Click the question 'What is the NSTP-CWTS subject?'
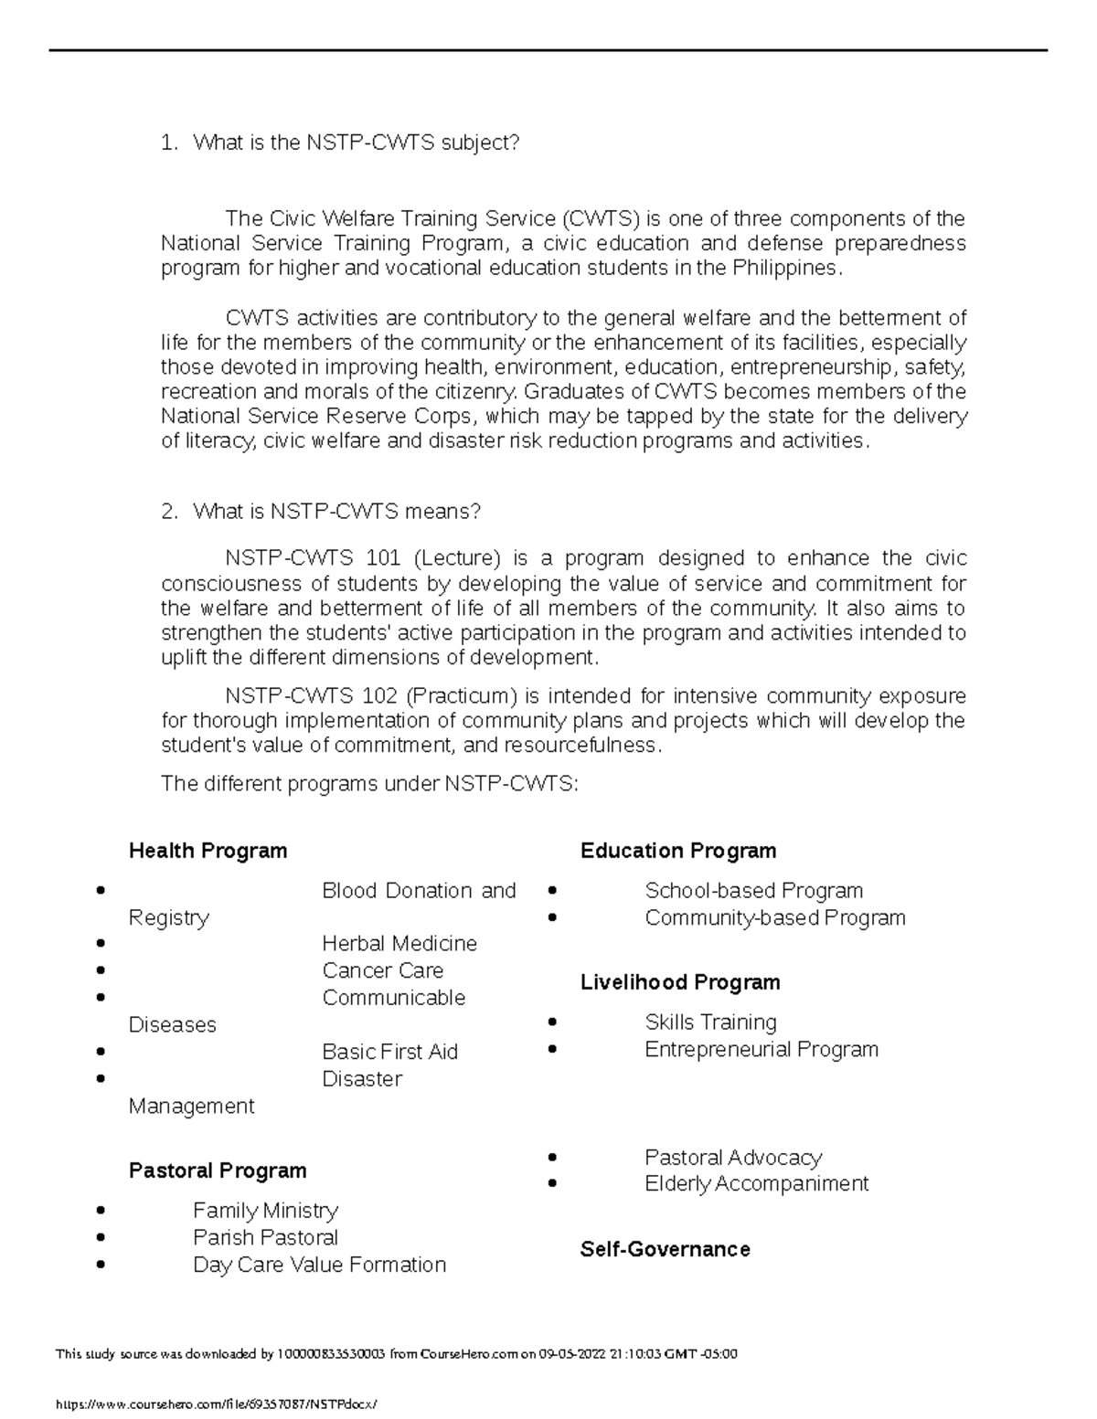click(x=356, y=143)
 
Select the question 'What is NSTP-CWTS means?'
click(x=336, y=512)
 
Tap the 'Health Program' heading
click(x=208, y=851)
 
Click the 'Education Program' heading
click(x=678, y=851)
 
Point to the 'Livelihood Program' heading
click(x=680, y=982)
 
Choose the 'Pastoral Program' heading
click(x=218, y=1170)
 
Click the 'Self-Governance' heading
click(x=665, y=1249)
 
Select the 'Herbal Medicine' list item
click(x=399, y=943)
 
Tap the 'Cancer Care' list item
click(x=382, y=970)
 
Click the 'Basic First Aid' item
click(x=389, y=1052)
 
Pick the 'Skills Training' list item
click(x=710, y=1022)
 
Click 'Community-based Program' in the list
click(x=775, y=917)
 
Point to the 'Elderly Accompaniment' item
click(x=756, y=1184)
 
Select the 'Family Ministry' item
click(x=265, y=1211)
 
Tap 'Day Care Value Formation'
click(x=319, y=1265)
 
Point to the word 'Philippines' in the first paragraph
click(x=783, y=269)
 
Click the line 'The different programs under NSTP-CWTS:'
click(x=369, y=783)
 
